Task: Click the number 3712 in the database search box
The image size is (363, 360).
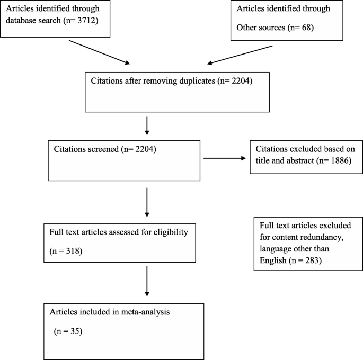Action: pyautogui.click(x=86, y=21)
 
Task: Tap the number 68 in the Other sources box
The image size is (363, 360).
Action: pyautogui.click(x=306, y=28)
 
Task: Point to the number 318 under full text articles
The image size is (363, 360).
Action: pyautogui.click(x=73, y=251)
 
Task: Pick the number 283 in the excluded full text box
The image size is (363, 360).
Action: pyautogui.click(x=312, y=260)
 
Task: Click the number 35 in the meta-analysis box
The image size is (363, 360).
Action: pyautogui.click(x=75, y=331)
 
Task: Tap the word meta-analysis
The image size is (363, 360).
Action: pyautogui.click(x=145, y=312)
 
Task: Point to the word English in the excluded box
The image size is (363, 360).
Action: pyautogui.click(x=273, y=260)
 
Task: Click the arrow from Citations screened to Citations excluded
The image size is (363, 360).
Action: pyautogui.click(x=225, y=158)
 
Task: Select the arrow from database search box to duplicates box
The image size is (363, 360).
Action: pyautogui.click(x=100, y=52)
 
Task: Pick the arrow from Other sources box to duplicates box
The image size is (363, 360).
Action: pyautogui.click(x=240, y=55)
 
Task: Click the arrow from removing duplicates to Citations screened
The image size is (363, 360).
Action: pyautogui.click(x=147, y=126)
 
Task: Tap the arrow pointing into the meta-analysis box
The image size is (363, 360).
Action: pyautogui.click(x=147, y=281)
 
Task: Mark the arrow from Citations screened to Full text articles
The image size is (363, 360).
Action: pyautogui.click(x=147, y=202)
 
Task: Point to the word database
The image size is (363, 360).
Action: pyautogui.click(x=19, y=21)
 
